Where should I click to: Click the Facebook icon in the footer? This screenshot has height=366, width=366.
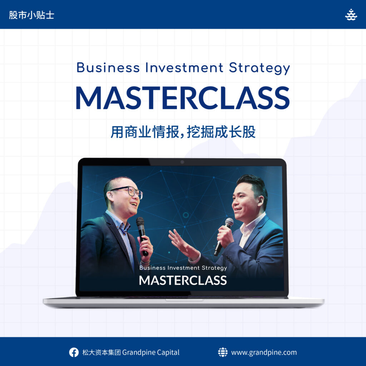pyautogui.click(x=74, y=352)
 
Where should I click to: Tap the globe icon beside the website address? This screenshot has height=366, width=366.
pyautogui.click(x=223, y=352)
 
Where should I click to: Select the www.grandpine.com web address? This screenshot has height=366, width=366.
pyautogui.click(x=264, y=352)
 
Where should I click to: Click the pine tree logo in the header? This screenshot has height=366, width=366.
pyautogui.click(x=351, y=15)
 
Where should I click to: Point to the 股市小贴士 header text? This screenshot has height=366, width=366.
pyautogui.click(x=31, y=15)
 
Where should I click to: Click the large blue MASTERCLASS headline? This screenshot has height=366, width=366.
pyautogui.click(x=183, y=98)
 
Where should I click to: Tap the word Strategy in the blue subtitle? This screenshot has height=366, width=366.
pyautogui.click(x=259, y=68)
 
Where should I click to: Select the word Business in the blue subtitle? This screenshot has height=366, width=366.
pyautogui.click(x=108, y=68)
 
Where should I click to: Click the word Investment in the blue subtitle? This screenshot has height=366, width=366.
pyautogui.click(x=184, y=68)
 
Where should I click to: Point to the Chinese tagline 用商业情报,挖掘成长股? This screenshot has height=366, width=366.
pyautogui.click(x=183, y=132)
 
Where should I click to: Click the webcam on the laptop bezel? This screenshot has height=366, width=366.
pyautogui.click(x=182, y=162)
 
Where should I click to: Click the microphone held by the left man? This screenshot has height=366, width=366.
pyautogui.click(x=142, y=236)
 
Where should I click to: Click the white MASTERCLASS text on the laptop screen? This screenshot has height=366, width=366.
pyautogui.click(x=183, y=280)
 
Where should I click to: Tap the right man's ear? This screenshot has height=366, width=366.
pyautogui.click(x=260, y=201)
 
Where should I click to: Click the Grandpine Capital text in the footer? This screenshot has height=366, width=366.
pyautogui.click(x=151, y=352)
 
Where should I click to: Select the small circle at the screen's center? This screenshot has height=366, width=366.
pyautogui.click(x=186, y=215)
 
